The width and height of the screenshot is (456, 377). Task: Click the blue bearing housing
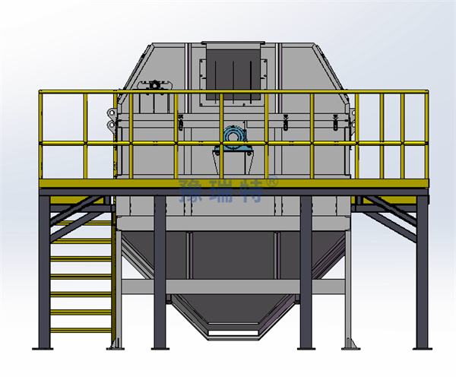(233, 140)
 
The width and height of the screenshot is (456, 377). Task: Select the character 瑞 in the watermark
(221, 191)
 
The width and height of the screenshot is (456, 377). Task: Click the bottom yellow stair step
(81, 330)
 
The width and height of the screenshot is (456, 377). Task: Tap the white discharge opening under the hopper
(233, 333)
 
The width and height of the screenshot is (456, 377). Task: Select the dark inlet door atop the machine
(233, 74)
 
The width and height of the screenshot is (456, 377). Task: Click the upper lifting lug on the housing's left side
(111, 112)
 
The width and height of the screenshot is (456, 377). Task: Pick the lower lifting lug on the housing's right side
(353, 125)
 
